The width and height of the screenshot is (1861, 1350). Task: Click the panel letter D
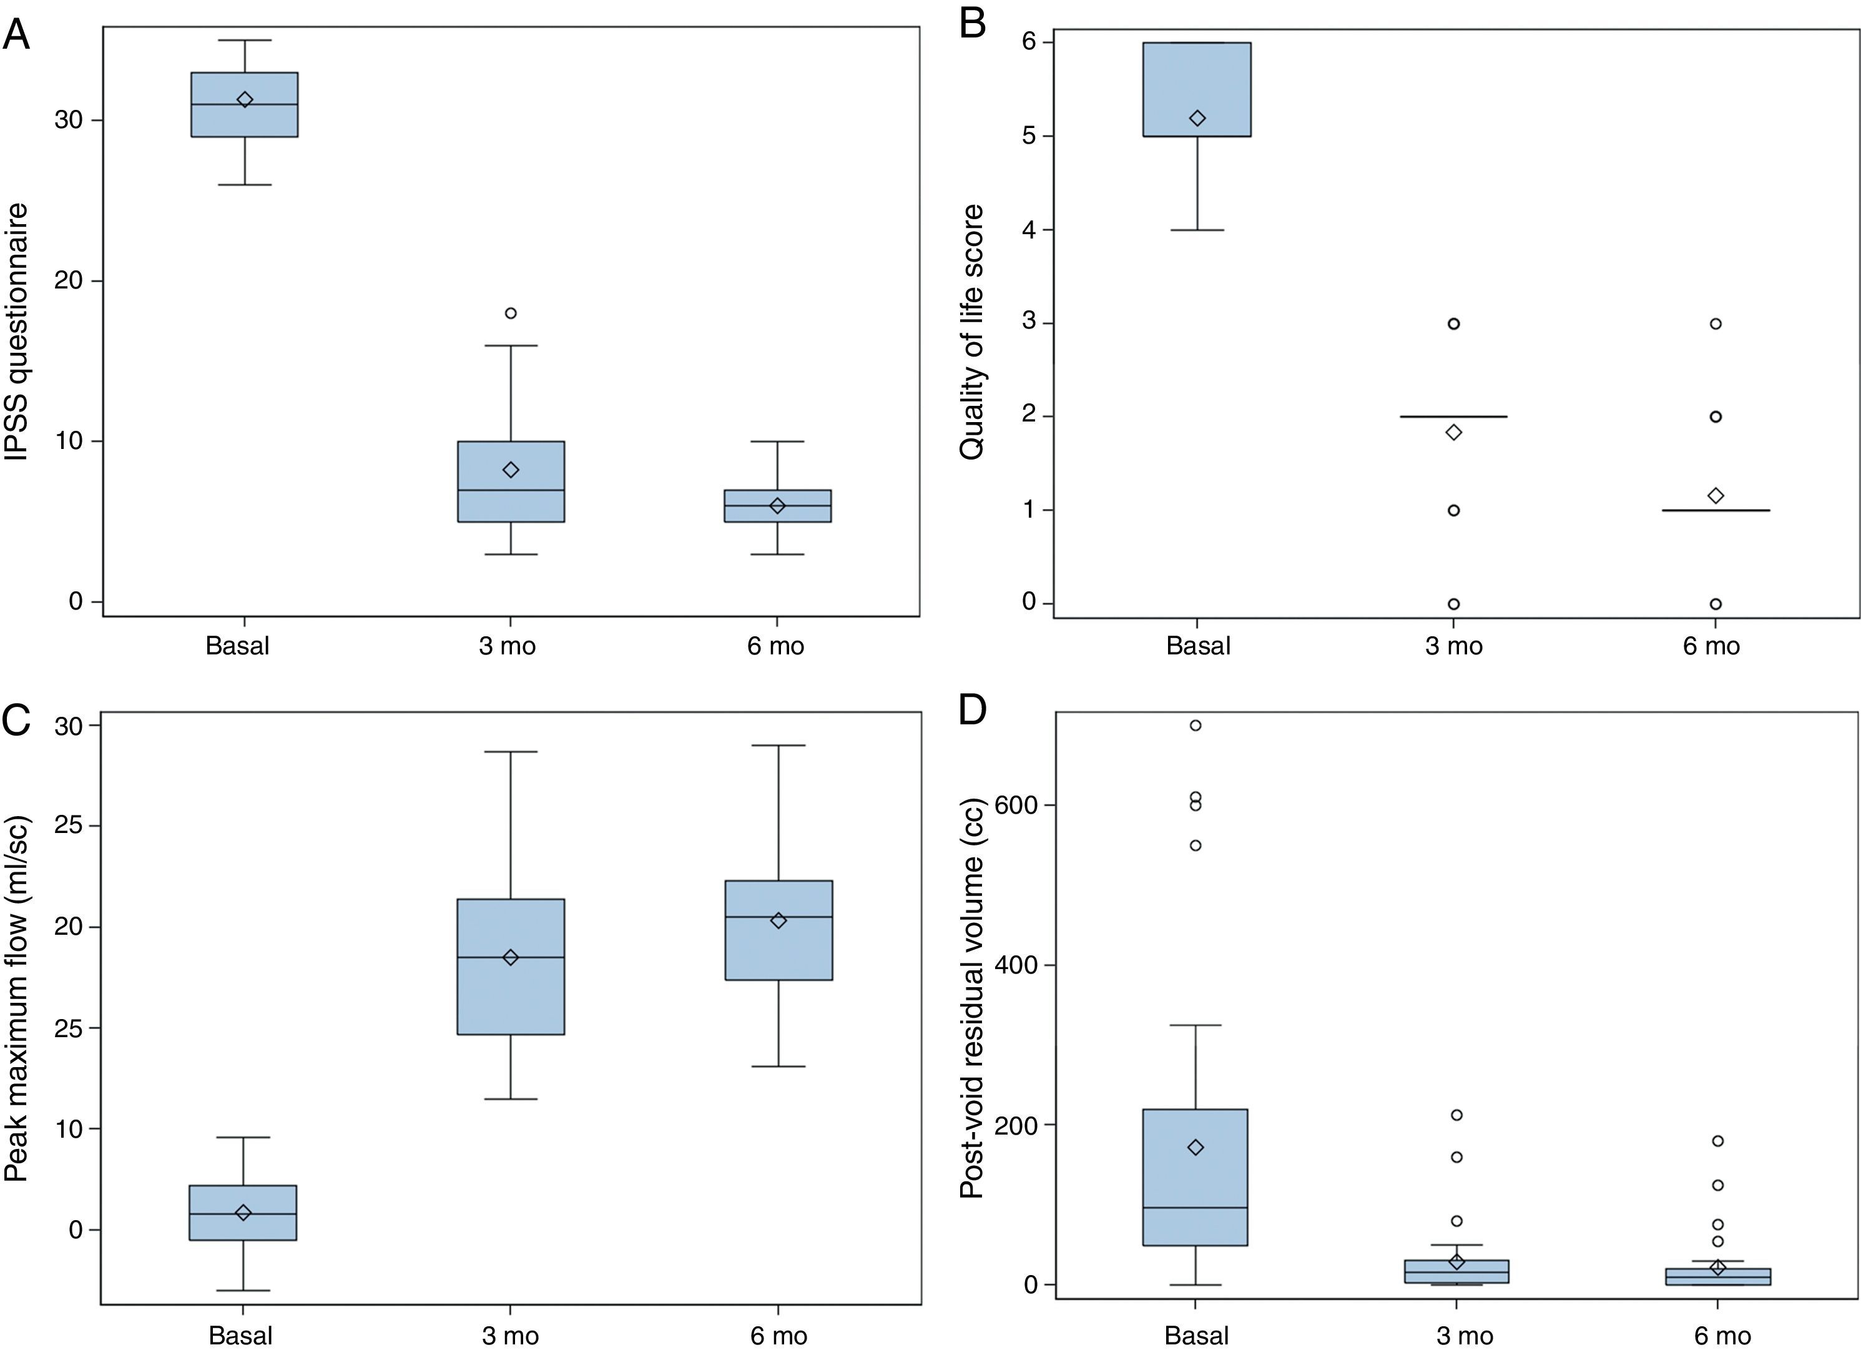pos(973,710)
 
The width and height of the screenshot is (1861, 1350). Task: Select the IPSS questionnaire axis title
pos(17,332)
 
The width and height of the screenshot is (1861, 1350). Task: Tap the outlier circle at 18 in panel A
pos(511,313)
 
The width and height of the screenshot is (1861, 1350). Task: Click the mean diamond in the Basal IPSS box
pos(245,99)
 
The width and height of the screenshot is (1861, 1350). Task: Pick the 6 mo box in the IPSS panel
pos(777,506)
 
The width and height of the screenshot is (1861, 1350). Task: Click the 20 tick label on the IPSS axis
pos(68,280)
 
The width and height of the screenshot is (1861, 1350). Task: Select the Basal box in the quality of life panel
pos(1197,89)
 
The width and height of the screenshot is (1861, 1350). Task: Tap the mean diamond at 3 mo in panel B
pos(1453,431)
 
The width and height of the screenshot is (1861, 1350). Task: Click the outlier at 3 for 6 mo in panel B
pos(1715,323)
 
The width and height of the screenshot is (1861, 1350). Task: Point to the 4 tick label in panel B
pos(1029,230)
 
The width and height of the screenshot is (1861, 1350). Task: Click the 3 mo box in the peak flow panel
pos(511,967)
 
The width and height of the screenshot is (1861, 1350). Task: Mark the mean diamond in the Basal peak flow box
pos(243,1212)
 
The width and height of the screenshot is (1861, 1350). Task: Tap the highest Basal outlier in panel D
pos(1196,725)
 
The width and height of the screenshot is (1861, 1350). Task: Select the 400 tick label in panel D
pos(1015,965)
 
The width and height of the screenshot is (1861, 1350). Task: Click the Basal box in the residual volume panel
pos(1196,1177)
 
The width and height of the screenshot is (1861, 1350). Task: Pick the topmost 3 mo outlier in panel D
pos(1456,1115)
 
